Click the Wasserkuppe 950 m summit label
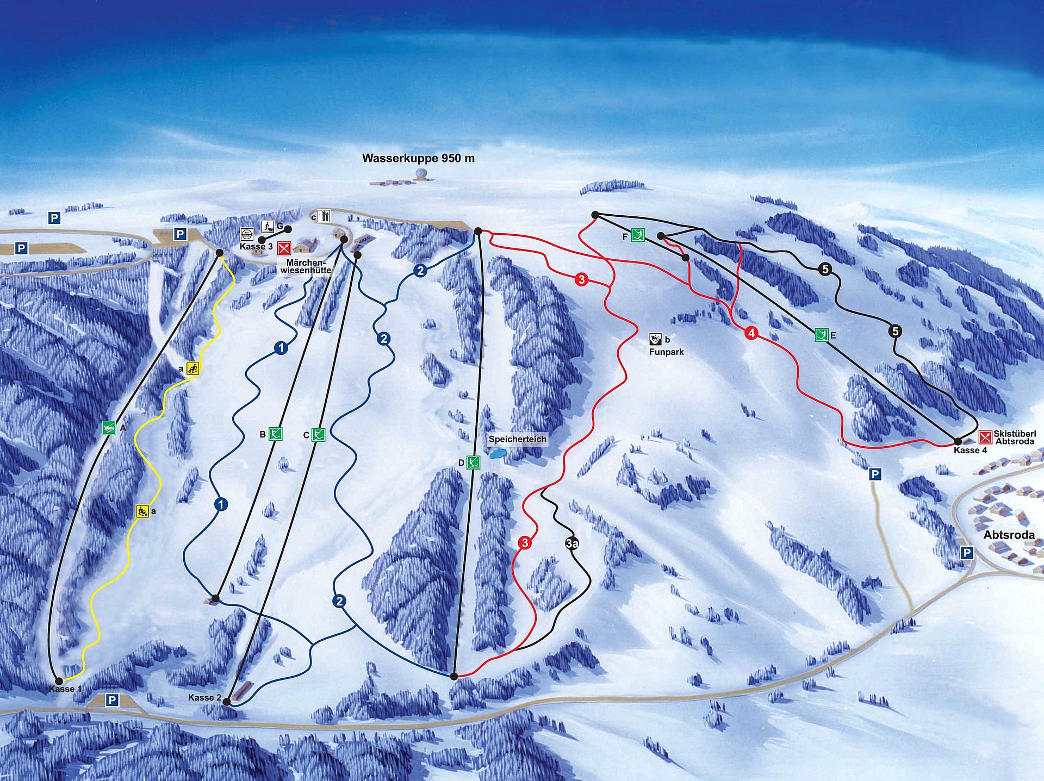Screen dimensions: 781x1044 coord(418,158)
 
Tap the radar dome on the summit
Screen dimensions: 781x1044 coord(420,174)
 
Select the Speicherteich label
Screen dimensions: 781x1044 coord(517,439)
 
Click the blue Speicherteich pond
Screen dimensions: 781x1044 coord(497,453)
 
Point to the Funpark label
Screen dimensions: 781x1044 coord(666,352)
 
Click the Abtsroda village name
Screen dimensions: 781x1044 coord(1009,535)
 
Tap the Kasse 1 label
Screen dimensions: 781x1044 coord(65,689)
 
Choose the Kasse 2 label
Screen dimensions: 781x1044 coord(204,697)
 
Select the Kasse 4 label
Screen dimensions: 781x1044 coord(970,450)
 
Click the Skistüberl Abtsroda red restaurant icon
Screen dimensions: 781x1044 coord(985,437)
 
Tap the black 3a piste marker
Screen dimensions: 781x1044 coord(571,543)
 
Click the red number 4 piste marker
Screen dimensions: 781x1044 coord(751,333)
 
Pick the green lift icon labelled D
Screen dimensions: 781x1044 coord(473,463)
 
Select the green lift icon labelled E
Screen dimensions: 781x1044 coord(821,335)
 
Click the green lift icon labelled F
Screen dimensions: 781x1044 coord(638,235)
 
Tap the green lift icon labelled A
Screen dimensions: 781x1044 coord(109,428)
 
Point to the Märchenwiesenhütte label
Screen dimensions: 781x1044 coord(306,266)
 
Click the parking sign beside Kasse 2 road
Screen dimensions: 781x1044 coord(112,700)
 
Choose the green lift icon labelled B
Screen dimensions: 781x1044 coord(276,434)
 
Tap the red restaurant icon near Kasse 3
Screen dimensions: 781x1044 coord(284,248)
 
